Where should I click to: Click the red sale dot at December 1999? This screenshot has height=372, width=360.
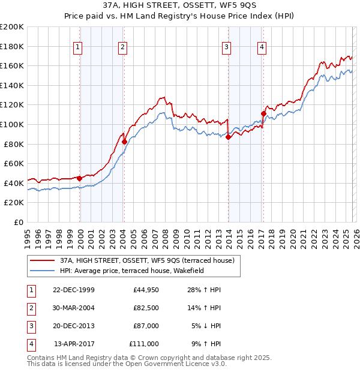pyautogui.click(x=80, y=178)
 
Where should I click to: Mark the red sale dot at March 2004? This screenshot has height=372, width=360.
pyautogui.click(x=125, y=142)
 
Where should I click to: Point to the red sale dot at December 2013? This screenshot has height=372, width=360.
pyautogui.click(x=228, y=137)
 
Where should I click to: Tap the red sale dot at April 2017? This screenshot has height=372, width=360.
pyautogui.click(x=263, y=113)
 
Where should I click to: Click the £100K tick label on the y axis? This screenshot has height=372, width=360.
pyautogui.click(x=12, y=124)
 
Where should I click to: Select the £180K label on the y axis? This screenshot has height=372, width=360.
pyautogui.click(x=12, y=46)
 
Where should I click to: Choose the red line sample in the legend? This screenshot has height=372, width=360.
pyautogui.click(x=43, y=260)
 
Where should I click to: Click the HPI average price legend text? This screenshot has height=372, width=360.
pyautogui.click(x=132, y=271)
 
